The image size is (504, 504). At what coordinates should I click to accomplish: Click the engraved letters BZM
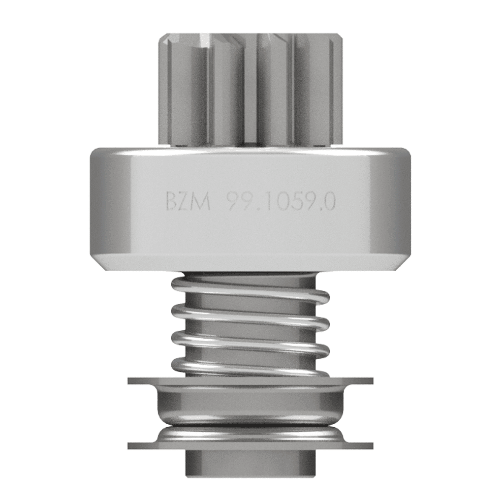pyautogui.click(x=186, y=202)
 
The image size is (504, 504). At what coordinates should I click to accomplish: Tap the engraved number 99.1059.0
pyautogui.click(x=281, y=202)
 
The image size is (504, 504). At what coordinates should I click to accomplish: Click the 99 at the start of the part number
pyautogui.click(x=236, y=202)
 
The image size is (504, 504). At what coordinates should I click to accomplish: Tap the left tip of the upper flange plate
pyautogui.click(x=131, y=381)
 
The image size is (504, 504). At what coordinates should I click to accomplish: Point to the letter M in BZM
pyautogui.click(x=202, y=202)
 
